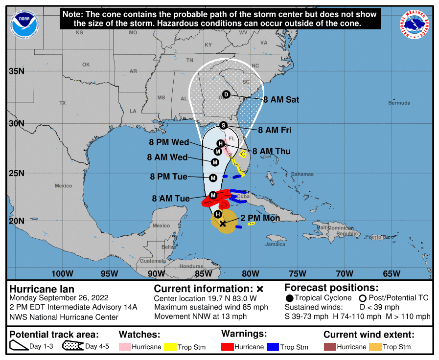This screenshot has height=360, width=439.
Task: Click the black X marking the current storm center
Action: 223,224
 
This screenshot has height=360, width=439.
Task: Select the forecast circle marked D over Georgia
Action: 226,94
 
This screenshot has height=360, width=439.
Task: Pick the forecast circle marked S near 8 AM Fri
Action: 224,125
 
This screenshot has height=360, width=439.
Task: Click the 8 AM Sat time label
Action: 281,100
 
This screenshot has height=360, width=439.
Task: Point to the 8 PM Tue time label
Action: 169,177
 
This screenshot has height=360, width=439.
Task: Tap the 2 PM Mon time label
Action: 260,218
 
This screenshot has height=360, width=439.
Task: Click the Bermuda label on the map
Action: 399,103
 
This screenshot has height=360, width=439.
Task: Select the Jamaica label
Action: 276,244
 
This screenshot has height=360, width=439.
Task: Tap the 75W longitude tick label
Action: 297,273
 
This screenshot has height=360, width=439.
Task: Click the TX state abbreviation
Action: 62,103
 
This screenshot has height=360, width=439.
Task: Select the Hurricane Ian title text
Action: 42,289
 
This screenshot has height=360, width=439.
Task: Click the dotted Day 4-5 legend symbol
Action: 72,347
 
